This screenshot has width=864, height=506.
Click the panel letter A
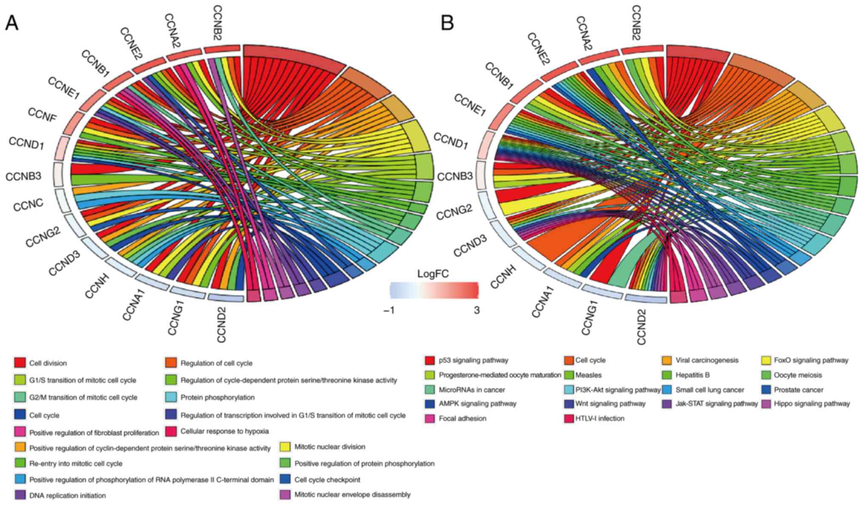coord(11,24)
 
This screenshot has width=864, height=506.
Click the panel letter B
coord(447,23)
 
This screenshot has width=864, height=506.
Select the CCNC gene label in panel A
coord(28,205)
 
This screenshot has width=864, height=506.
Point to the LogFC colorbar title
coord(433,274)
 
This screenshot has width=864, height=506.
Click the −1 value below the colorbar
coord(389,311)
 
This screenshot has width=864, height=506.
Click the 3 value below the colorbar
coord(477,311)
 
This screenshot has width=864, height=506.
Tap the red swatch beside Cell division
coord(20,363)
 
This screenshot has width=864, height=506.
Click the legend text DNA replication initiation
coord(67,495)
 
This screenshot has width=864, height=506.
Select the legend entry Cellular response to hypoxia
coord(225,431)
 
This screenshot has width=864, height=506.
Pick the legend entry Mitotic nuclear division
coord(330,447)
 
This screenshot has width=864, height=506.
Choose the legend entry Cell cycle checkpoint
coord(327,480)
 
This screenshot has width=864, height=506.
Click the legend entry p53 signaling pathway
coord(473,360)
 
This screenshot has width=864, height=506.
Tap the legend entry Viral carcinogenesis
coord(707,360)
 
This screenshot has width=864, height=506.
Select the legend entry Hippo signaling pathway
coord(812,404)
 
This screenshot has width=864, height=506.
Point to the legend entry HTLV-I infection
coord(600,418)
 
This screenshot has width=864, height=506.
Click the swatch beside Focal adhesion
coord(430,419)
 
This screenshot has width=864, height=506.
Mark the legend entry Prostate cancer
coord(799,390)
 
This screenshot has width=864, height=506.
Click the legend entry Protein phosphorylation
coord(217,397)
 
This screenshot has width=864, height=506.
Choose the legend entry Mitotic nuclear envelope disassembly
coord(352,495)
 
